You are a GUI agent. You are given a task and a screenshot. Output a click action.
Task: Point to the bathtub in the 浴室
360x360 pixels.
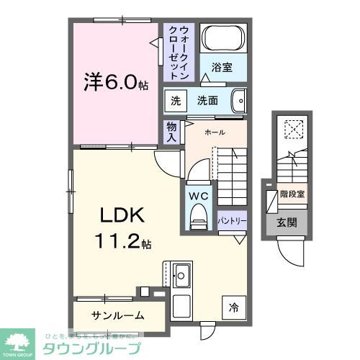pyautogui.click(x=222, y=38)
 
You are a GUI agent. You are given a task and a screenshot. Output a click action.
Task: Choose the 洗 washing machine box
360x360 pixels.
pyautogui.click(x=175, y=101)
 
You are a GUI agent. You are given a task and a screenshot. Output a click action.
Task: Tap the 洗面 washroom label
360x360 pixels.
pyautogui.click(x=208, y=101)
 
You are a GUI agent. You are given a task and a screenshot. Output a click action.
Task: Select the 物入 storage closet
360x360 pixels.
pyautogui.click(x=171, y=131)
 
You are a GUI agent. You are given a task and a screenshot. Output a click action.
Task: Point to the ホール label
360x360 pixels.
pyautogui.click(x=215, y=132)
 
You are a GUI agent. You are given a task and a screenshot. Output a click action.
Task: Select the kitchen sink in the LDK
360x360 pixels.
pyautogui.click(x=181, y=275)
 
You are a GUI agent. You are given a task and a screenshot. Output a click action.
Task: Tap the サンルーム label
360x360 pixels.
pyautogui.click(x=118, y=315)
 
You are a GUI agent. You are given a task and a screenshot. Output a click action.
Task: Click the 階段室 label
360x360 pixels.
pyautogui.click(x=292, y=194)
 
